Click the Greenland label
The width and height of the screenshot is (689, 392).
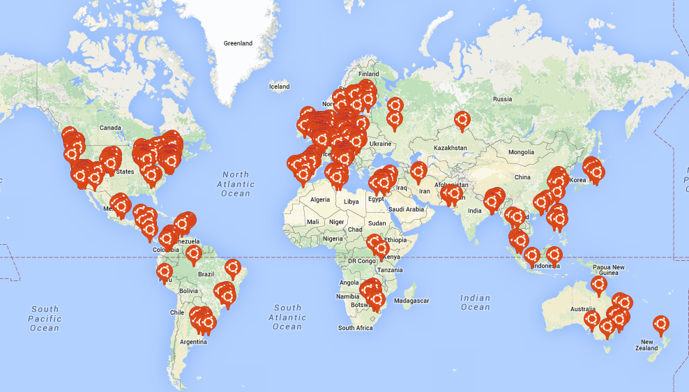click(x=238, y=43)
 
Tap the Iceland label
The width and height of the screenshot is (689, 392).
click(x=279, y=86)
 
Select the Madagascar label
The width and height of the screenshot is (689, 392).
click(x=411, y=301)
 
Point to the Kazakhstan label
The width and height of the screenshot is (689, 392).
click(x=450, y=149)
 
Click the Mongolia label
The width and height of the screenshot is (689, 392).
click(x=520, y=152)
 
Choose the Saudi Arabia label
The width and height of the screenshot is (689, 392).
click(x=406, y=209)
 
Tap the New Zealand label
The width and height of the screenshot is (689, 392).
click(x=646, y=344)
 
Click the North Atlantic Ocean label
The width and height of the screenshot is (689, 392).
click(x=235, y=183)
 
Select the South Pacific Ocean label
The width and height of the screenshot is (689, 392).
click(x=45, y=318)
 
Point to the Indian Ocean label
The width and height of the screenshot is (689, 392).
click(x=475, y=302)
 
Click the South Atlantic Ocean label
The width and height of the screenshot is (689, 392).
click(x=287, y=317)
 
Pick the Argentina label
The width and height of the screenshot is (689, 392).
click(x=192, y=342)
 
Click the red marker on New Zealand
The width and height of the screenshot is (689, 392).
click(x=660, y=324)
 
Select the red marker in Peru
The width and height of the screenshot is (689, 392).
click(x=165, y=271)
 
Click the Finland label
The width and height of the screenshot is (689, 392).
click(x=368, y=74)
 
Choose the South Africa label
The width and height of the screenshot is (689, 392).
click(x=355, y=328)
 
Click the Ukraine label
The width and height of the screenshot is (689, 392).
click(x=380, y=144)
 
